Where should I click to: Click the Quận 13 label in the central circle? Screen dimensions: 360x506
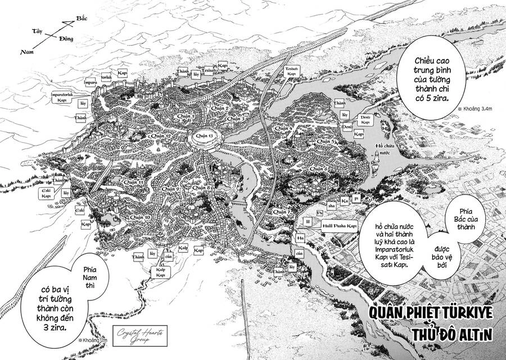coord(201,136)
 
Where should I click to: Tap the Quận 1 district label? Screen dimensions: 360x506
coord(186,116)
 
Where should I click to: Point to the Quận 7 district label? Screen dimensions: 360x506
coord(279,211)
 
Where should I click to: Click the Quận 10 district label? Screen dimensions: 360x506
coord(140,217)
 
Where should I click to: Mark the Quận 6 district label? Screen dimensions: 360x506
coord(318,169)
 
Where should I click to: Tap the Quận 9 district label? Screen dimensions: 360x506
coord(170,189)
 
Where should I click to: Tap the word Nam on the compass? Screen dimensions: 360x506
coord(25,52)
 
